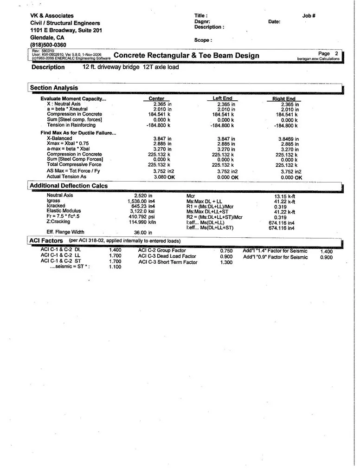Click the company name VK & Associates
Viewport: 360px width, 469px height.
[52, 16]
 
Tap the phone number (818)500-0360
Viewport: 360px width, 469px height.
[48, 45]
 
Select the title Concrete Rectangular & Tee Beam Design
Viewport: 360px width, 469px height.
[186, 56]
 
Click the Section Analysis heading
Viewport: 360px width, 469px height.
[54, 88]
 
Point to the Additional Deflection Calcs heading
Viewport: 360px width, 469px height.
[69, 186]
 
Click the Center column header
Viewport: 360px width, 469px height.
[156, 99]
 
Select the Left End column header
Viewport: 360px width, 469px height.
[222, 98]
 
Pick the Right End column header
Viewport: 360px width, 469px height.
[283, 99]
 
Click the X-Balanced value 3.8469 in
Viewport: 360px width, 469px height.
[288, 139]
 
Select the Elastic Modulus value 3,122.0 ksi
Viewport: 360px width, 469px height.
[141, 211]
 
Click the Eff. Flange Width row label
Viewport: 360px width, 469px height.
[65, 232]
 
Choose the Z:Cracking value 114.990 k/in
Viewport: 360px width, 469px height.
[142, 222]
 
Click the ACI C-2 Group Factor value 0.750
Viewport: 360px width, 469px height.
[226, 251]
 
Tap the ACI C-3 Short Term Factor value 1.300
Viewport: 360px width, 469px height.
[226, 262]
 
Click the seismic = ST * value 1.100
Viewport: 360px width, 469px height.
[115, 267]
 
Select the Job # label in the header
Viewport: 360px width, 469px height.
[309, 16]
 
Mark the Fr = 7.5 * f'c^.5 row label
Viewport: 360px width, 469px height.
[64, 216]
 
